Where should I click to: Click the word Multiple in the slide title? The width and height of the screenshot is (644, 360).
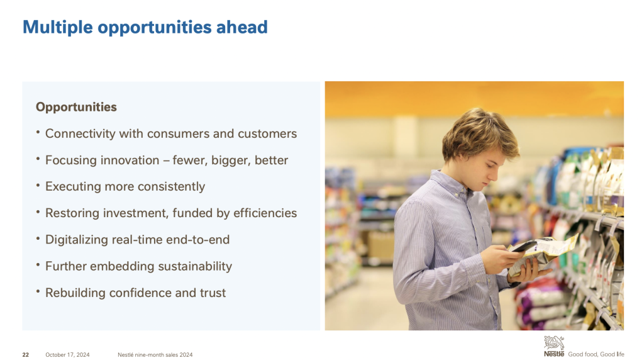click(x=58, y=28)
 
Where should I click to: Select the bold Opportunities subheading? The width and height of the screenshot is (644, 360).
click(x=76, y=107)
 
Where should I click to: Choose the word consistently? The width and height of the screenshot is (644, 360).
click(x=171, y=186)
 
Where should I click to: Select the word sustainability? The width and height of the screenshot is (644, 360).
click(x=195, y=266)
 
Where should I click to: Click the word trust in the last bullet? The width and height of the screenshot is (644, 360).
click(x=213, y=293)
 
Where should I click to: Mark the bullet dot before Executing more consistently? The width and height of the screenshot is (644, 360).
click(x=38, y=185)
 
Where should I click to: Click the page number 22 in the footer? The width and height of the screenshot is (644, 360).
click(x=25, y=355)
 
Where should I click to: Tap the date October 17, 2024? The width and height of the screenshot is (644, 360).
click(x=67, y=355)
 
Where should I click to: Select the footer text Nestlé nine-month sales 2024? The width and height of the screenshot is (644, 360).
click(x=155, y=355)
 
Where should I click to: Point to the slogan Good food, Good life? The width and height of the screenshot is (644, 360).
click(x=596, y=354)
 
